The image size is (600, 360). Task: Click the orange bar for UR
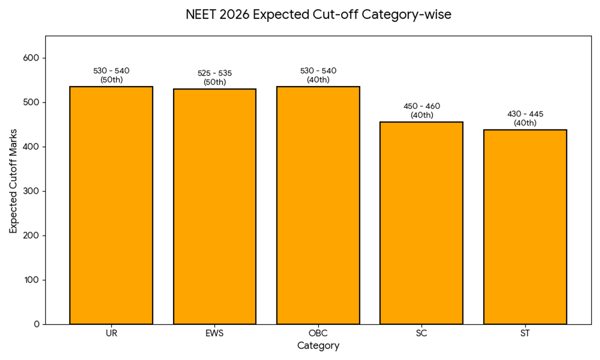[111, 205]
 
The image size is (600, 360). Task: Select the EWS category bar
[214, 206]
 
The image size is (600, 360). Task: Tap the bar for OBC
[318, 205]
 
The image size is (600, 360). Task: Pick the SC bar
[421, 223]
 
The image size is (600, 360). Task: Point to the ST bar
[525, 226]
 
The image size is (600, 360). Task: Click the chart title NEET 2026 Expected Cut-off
[318, 15]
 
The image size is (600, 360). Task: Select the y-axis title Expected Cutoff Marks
[13, 180]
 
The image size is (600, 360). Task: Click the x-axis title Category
[318, 345]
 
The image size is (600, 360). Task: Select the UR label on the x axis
[111, 333]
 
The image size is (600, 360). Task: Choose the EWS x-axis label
[214, 333]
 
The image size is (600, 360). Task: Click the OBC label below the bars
[318, 333]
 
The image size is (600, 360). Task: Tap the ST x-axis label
[525, 333]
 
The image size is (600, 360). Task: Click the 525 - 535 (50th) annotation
[214, 77]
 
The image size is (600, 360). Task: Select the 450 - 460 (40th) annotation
[421, 110]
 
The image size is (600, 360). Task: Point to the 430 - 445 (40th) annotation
[525, 118]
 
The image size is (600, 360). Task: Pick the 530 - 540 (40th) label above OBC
[318, 75]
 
